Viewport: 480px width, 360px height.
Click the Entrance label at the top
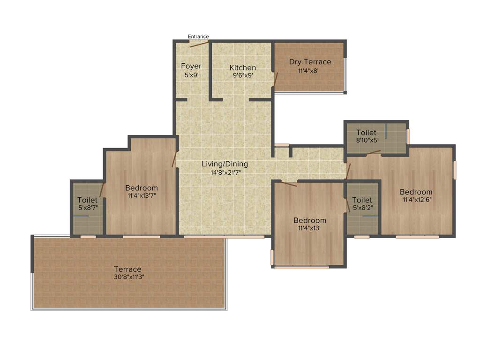click(198, 37)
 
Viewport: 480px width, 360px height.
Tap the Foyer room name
click(191, 66)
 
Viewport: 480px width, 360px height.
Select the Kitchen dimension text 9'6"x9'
click(242, 75)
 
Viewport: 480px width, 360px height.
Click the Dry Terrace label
click(310, 62)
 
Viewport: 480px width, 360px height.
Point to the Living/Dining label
click(225, 164)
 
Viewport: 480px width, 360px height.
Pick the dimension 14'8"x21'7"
click(225, 172)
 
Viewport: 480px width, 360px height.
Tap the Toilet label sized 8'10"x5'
click(366, 133)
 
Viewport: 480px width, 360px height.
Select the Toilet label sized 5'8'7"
click(88, 200)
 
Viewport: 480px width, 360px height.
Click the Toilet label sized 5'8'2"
click(362, 200)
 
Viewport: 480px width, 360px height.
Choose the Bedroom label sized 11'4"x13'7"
click(142, 188)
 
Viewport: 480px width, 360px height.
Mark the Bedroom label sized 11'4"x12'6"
click(416, 192)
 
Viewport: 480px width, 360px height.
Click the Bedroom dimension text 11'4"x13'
click(310, 228)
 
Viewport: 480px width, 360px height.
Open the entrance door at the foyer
click(198, 44)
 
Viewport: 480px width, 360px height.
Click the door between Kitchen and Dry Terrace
click(276, 80)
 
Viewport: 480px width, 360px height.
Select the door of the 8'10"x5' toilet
click(374, 152)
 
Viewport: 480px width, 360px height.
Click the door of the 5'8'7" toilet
click(102, 189)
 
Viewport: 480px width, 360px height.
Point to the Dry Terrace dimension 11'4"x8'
click(310, 71)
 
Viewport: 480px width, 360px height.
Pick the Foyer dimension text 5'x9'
click(191, 74)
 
